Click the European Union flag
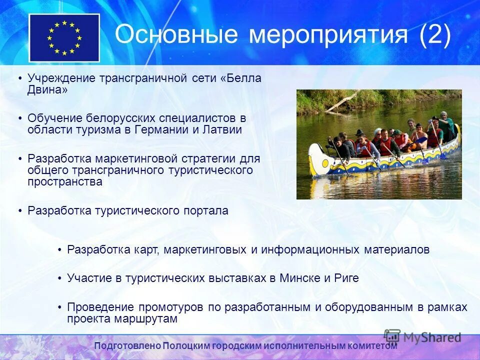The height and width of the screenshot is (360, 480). tap(64, 38)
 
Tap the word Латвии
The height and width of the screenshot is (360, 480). tap(223, 130)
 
